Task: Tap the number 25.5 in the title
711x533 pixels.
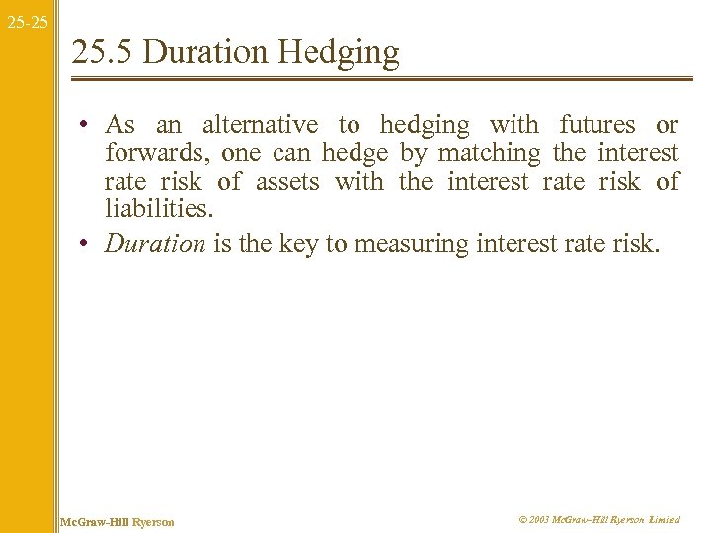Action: click(x=103, y=52)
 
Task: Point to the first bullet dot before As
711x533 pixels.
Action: click(x=88, y=126)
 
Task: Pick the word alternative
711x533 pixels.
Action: click(x=260, y=125)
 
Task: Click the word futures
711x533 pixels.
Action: click(x=597, y=125)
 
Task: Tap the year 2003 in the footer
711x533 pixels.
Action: click(x=539, y=519)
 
